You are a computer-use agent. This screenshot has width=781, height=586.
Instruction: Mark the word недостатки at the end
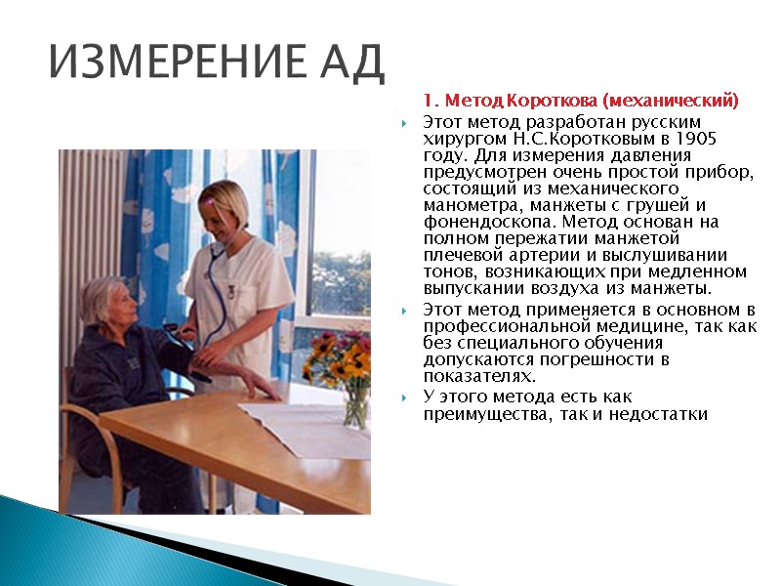(662, 415)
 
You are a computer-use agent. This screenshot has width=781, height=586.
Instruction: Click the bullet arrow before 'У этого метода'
(405, 397)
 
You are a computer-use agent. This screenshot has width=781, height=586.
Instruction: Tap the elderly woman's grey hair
(103, 296)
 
